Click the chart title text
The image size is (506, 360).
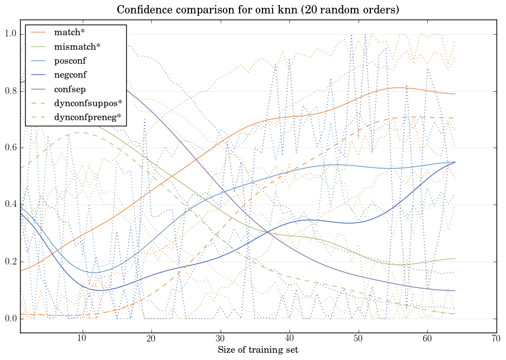coord(258,10)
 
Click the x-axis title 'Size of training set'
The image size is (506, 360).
coord(258,350)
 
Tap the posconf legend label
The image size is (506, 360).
coord(70,60)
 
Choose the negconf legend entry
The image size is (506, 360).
coord(70,74)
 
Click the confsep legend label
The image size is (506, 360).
coord(69,89)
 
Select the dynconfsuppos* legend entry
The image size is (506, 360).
coord(88,103)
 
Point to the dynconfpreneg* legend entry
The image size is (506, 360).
coord(87,117)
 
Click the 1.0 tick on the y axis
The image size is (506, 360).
coord(11,34)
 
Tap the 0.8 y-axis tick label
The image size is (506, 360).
coord(11,91)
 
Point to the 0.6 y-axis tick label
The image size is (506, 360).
coord(11,148)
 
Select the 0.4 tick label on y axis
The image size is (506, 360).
coord(11,205)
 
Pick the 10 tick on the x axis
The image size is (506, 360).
coord(82,339)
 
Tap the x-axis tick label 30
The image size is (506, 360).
coord(220,339)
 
